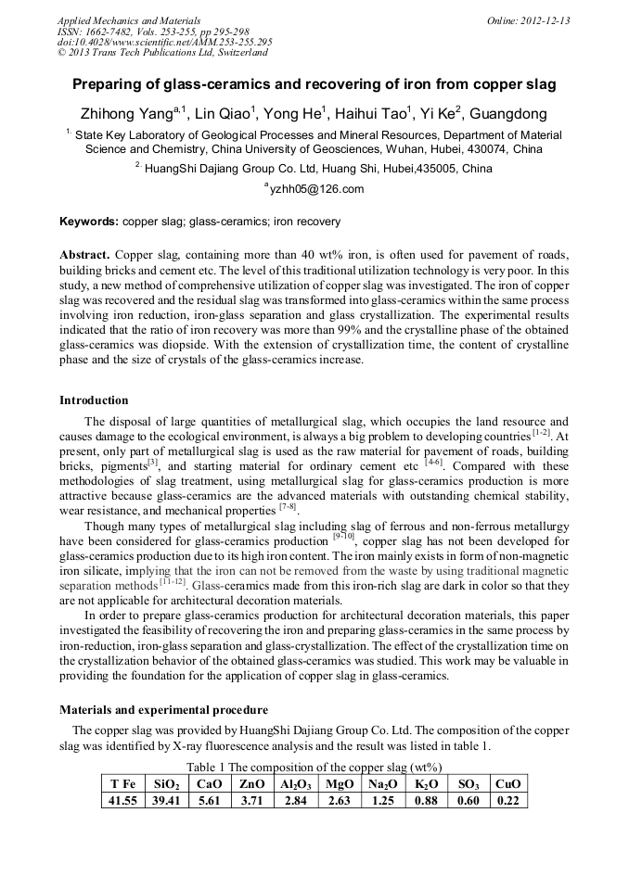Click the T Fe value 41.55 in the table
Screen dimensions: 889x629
pyautogui.click(x=122, y=801)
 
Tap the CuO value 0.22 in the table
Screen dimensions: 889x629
pyautogui.click(x=507, y=801)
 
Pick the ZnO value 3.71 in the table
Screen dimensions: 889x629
pyautogui.click(x=251, y=801)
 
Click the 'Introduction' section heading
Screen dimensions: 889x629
pyautogui.click(x=94, y=400)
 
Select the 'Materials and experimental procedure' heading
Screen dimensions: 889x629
pyautogui.click(x=164, y=709)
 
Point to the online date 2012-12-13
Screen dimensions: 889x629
pyautogui.click(x=539, y=20)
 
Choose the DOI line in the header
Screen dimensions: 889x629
pyautogui.click(x=164, y=42)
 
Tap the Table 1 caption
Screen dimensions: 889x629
pyautogui.click(x=314, y=768)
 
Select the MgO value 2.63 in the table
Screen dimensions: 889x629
pyautogui.click(x=339, y=801)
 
